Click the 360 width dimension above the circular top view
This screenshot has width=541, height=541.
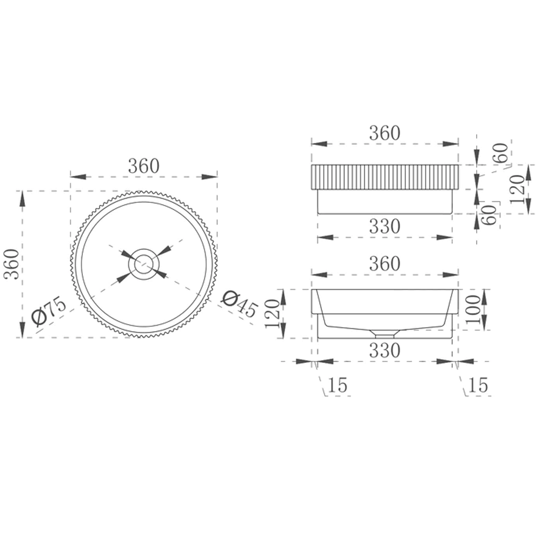point(144,166)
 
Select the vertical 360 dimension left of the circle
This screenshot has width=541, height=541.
point(11,263)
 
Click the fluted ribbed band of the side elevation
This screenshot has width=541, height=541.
point(384,177)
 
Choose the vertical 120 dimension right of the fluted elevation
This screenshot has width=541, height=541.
point(517,189)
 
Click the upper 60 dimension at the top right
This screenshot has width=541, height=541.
point(500,153)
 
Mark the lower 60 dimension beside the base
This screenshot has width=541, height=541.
point(490,215)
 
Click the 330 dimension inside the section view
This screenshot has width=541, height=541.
point(384,350)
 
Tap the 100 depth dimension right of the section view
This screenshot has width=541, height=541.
point(474,309)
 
